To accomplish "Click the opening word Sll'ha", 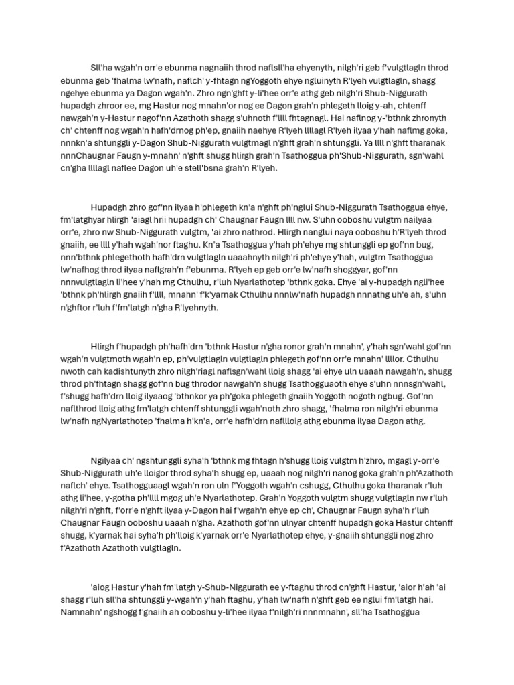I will [x=102, y=68].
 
